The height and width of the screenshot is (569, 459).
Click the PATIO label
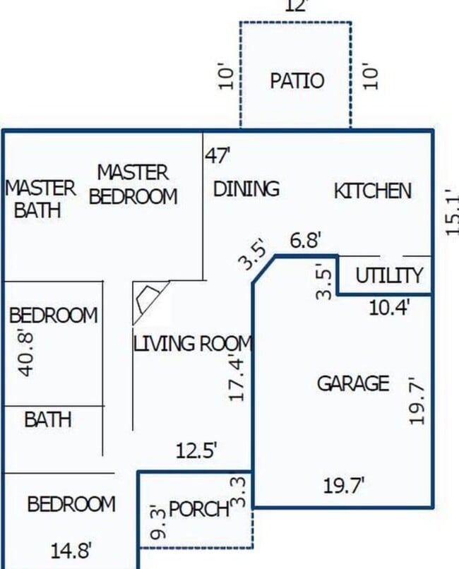point(297,80)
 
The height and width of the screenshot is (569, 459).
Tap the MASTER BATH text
point(40,199)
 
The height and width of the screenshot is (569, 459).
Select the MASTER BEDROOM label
point(133,184)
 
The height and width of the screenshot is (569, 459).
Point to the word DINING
point(246,189)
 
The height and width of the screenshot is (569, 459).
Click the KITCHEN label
point(372,191)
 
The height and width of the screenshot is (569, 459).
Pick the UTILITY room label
point(389,275)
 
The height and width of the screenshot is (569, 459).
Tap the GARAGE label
point(352,383)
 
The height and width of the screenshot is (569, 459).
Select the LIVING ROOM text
point(193,344)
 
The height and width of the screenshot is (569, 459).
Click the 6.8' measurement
point(306,241)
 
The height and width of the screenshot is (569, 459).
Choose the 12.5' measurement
point(196,450)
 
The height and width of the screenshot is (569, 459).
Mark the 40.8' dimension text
point(27,351)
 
